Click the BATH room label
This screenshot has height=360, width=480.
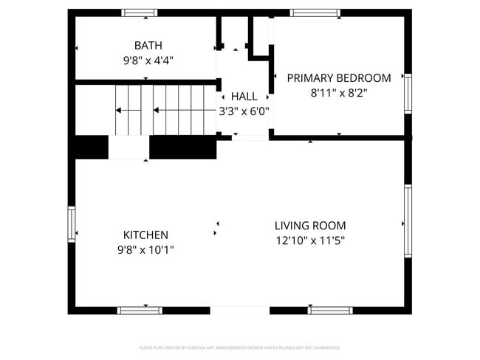tap(148, 46)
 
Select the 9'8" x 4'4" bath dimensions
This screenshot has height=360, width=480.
tap(148, 61)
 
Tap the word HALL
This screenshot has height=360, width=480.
tap(244, 97)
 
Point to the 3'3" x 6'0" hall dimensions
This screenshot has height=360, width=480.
tap(244, 111)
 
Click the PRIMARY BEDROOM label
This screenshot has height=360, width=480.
tap(339, 77)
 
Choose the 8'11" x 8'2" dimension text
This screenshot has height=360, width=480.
tap(339, 93)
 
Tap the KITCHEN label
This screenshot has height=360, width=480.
tap(145, 235)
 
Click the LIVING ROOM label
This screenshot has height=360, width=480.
tap(310, 226)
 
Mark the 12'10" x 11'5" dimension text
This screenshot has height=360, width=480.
tap(310, 240)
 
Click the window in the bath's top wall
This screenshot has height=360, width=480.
tap(140, 13)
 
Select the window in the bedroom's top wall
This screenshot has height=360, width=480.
tap(315, 13)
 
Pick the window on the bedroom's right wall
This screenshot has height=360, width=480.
tap(408, 93)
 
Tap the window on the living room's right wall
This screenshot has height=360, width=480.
tap(408, 221)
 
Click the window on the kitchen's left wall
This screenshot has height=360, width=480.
tap(72, 224)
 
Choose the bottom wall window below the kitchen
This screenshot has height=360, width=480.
tap(140, 311)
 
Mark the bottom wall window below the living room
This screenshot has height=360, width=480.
tap(330, 311)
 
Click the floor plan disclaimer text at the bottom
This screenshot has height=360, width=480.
tap(239, 347)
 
